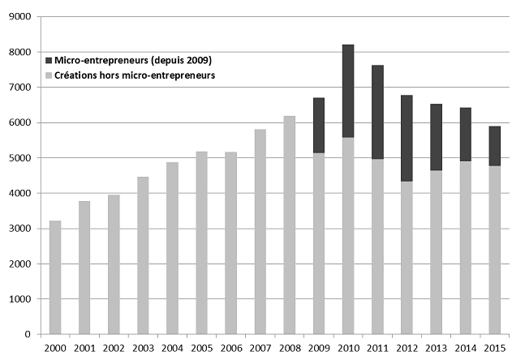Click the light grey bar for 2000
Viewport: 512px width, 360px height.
click(55, 277)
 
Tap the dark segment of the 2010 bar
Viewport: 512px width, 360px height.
click(348, 91)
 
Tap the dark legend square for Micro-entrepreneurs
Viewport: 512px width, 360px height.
click(50, 61)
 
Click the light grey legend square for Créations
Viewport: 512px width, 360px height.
click(50, 75)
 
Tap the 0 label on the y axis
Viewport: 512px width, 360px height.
click(29, 334)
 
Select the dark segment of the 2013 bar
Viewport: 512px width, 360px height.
click(436, 137)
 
